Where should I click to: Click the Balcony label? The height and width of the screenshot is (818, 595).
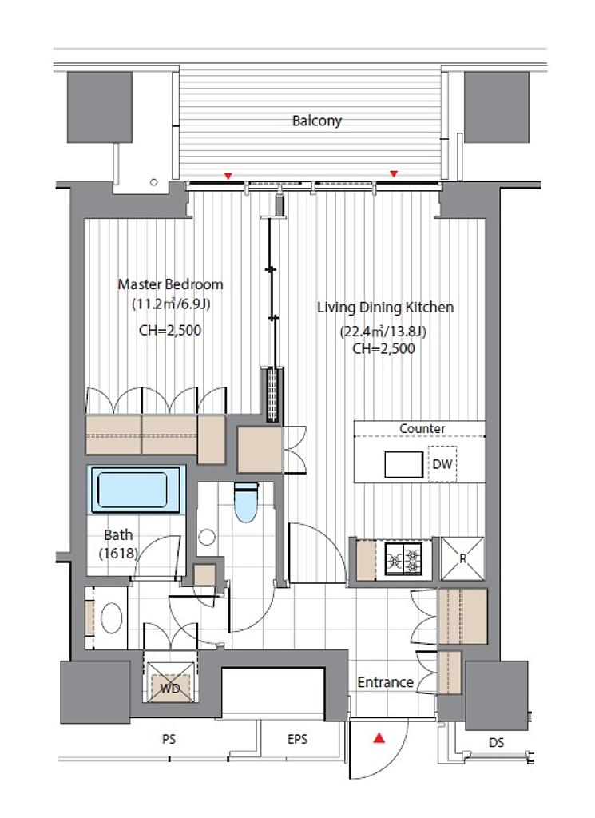(x=316, y=121)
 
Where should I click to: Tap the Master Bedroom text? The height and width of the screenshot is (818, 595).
(x=171, y=284)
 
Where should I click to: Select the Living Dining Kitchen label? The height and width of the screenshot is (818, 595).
(x=386, y=308)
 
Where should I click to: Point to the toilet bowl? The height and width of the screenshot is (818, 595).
(x=246, y=503)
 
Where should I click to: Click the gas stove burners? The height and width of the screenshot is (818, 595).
(x=403, y=559)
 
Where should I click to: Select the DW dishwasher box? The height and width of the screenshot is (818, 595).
(x=442, y=464)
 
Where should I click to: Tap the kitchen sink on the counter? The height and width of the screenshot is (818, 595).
(x=403, y=464)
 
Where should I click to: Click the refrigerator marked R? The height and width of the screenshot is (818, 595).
(x=462, y=558)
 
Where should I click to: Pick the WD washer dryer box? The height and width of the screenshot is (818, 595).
(x=170, y=682)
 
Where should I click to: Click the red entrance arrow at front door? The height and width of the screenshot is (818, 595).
(x=379, y=738)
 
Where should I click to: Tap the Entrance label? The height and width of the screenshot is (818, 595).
(x=386, y=682)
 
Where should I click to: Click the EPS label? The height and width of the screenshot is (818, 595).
(x=297, y=739)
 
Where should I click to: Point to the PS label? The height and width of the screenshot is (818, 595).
(x=169, y=739)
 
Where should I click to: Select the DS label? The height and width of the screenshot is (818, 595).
(x=497, y=742)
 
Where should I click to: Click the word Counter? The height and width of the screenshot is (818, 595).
(x=422, y=428)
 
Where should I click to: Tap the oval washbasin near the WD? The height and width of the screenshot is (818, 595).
(x=111, y=619)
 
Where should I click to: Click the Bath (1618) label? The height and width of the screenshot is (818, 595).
(x=118, y=543)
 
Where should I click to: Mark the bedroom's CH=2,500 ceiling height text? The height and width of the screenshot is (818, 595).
(x=170, y=330)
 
